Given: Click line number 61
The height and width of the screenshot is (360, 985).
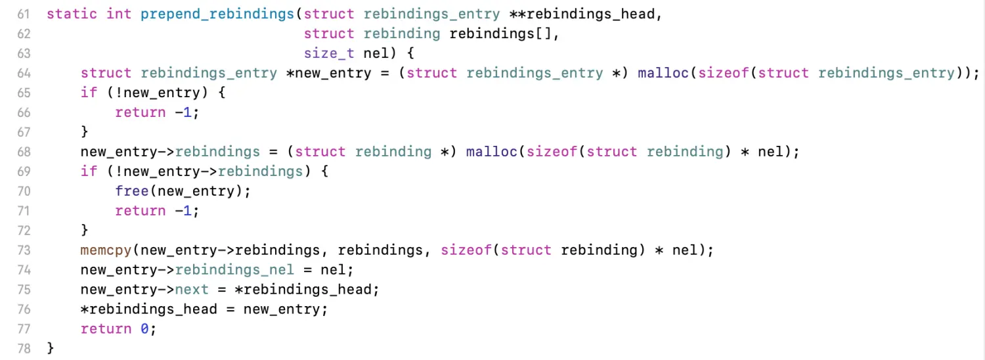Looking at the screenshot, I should tap(23, 14).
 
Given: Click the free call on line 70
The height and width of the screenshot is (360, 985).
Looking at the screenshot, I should tap(132, 191).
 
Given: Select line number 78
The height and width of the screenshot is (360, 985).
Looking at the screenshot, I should tap(23, 348).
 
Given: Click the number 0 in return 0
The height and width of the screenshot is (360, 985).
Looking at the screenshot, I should tap(144, 329).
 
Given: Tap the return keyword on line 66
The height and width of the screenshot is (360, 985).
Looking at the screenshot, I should tap(141, 112).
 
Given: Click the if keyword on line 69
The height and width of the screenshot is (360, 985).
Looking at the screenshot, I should tap(89, 171).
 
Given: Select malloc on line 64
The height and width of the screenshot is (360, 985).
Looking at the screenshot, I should tap(663, 73).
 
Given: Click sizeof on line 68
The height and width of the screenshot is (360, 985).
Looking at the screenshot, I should tap(552, 152).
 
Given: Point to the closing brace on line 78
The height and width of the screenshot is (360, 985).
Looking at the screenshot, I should tap(50, 348).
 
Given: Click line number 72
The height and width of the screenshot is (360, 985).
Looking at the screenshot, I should tap(23, 231).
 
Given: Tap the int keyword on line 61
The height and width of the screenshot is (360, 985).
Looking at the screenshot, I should tap(119, 14).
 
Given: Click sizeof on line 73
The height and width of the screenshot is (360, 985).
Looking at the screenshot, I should tap(466, 250).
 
